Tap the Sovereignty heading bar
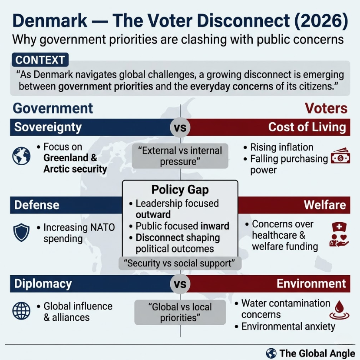pyautogui.click(x=48, y=127)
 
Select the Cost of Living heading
pyautogui.click(x=307, y=127)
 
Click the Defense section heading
pyautogui.click(x=37, y=205)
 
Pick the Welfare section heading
pyautogui.click(x=324, y=205)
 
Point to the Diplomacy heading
pyautogui.click(x=43, y=283)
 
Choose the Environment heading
pyautogui.click(x=311, y=283)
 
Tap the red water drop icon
pyautogui.click(x=340, y=310)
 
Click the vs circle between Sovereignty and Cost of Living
pyautogui.click(x=180, y=128)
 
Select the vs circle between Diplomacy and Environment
pyautogui.click(x=180, y=284)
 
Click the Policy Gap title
pyautogui.click(x=180, y=190)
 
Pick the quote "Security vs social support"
pyautogui.click(x=180, y=263)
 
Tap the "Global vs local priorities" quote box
pyautogui.click(x=180, y=312)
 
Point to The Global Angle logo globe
pyautogui.click(x=271, y=353)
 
